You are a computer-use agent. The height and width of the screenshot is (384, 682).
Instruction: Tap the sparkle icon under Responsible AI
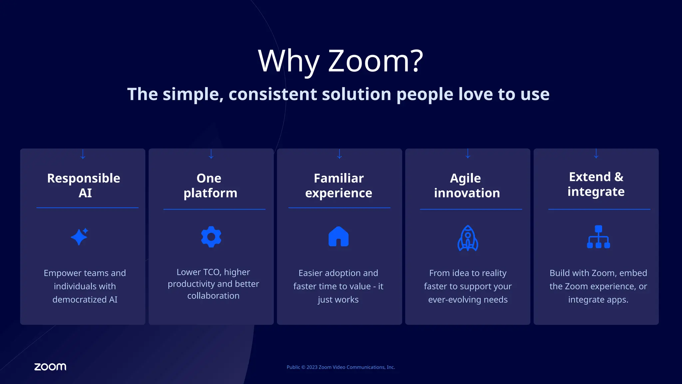(x=80, y=237)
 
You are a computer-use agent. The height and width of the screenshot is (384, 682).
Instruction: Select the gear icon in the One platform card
(x=211, y=237)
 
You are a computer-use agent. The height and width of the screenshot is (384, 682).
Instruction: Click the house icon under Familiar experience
(x=338, y=237)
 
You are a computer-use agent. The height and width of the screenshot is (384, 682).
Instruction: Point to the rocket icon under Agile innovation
(x=468, y=238)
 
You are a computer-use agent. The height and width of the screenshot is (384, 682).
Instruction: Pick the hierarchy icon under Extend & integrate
(x=598, y=237)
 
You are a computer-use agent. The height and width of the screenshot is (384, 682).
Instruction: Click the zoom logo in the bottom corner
(x=50, y=367)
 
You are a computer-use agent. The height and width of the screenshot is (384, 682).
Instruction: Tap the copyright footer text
(x=341, y=367)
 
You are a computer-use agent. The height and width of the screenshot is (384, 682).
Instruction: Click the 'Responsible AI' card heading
(x=84, y=185)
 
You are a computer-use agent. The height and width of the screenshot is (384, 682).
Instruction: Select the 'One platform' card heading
(x=210, y=185)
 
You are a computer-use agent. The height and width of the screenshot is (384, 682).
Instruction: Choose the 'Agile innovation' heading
(x=467, y=185)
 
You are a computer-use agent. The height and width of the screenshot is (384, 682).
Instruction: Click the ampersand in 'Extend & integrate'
(x=619, y=177)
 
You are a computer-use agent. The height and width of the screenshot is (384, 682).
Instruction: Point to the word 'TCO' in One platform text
(x=211, y=272)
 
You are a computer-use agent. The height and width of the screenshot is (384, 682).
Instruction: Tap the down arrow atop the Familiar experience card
(x=339, y=154)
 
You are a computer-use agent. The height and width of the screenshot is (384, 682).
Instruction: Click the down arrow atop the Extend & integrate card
(x=596, y=154)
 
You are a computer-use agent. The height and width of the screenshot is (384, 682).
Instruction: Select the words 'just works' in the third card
(x=338, y=300)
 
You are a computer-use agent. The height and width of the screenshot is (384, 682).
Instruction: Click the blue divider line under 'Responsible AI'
(x=87, y=208)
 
